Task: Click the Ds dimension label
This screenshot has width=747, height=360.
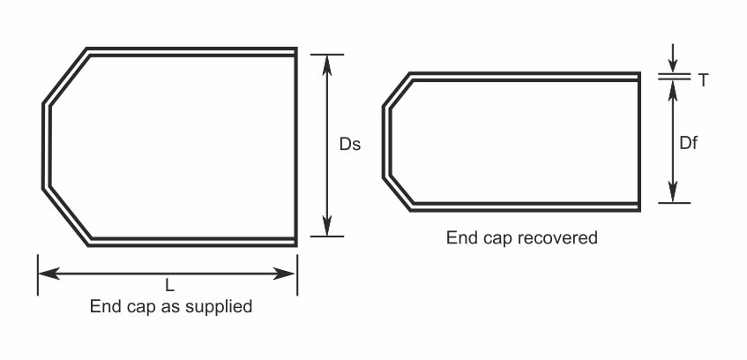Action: [350, 144]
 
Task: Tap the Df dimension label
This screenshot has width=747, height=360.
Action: [688, 142]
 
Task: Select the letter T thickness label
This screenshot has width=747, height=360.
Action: [703, 80]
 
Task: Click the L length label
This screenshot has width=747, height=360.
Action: [169, 286]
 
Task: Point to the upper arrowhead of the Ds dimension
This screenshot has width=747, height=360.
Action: [327, 63]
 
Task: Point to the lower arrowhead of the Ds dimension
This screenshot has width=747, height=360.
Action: [327, 228]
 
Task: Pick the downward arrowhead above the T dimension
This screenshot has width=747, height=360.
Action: [673, 64]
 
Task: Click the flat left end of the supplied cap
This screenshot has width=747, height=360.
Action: [45, 146]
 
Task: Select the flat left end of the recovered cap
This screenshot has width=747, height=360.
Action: [385, 142]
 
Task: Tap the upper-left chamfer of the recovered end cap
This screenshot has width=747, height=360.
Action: [398, 91]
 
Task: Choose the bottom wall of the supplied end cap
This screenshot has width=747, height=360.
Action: [192, 240]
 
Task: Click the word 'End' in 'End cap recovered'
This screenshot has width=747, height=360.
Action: [459, 237]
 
